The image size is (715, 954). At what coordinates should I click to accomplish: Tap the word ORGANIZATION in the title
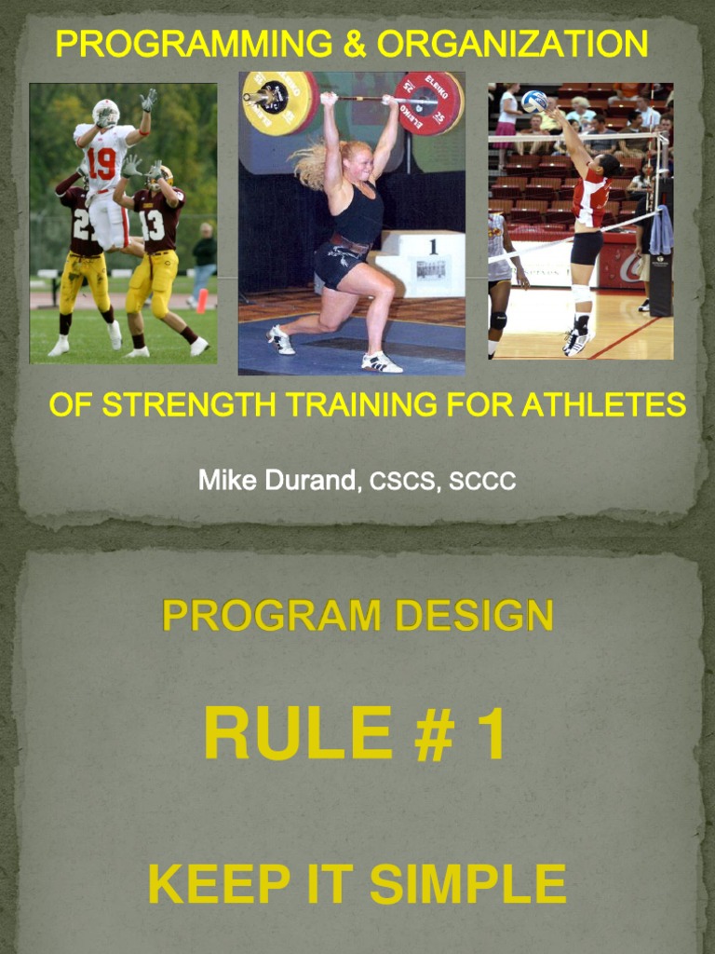(513, 44)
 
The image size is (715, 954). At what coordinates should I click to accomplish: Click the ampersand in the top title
(355, 44)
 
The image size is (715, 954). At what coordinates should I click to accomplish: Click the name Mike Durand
(277, 481)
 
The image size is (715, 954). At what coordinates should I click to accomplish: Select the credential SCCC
(482, 482)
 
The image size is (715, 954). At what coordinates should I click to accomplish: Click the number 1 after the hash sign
(489, 734)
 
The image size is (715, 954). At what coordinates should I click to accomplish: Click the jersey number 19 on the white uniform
(101, 164)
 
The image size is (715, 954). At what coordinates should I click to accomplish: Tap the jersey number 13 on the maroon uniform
(152, 224)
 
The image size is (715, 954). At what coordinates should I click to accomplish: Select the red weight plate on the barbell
(428, 102)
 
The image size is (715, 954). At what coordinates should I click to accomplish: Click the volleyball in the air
(534, 101)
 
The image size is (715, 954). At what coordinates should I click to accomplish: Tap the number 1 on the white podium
(433, 247)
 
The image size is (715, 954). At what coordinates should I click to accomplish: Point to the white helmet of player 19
(106, 113)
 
